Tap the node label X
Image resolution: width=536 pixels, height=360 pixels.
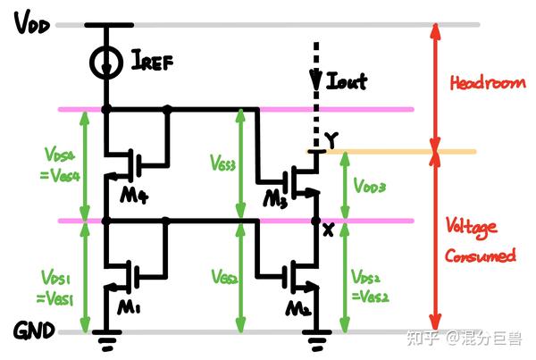327,230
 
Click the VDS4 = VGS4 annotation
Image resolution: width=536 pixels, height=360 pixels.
58,163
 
